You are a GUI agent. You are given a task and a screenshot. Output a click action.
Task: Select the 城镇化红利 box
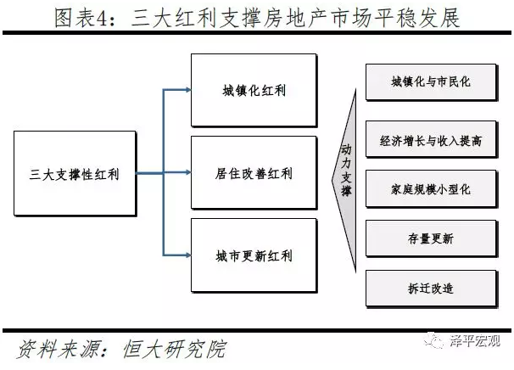tap(254, 90)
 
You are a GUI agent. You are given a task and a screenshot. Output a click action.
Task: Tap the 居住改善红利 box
tap(254, 174)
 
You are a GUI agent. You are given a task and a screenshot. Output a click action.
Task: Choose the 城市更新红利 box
tap(254, 255)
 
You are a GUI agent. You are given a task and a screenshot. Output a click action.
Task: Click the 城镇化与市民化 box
tap(431, 82)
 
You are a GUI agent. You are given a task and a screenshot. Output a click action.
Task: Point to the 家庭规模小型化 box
tap(431, 190)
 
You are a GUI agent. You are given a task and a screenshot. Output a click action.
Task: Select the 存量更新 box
tap(431, 238)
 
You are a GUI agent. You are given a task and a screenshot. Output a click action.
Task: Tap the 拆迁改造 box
tap(431, 289)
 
